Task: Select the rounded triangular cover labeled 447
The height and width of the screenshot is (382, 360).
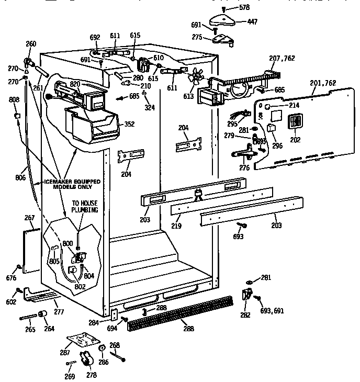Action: click(x=222, y=20)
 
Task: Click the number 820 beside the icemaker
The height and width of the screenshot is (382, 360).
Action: click(x=75, y=84)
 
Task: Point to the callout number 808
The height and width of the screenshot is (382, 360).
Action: click(x=14, y=99)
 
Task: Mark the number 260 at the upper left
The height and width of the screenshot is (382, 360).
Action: click(x=31, y=44)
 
